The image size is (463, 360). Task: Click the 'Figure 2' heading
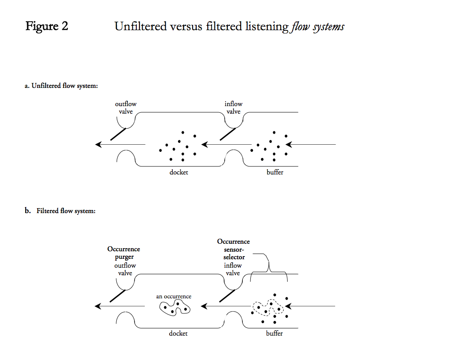(47, 27)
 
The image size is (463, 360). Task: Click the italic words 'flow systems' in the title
(318, 27)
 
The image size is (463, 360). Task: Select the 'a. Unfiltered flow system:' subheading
(61, 86)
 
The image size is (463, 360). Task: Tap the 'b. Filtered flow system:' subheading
(60, 211)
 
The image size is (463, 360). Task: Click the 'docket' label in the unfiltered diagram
(178, 172)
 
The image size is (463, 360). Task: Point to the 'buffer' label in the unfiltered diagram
(275, 172)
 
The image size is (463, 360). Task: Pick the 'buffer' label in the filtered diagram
(274, 333)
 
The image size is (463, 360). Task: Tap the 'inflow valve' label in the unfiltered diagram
(233, 108)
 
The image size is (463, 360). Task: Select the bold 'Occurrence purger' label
(124, 253)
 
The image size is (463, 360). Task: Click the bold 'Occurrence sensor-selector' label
(233, 249)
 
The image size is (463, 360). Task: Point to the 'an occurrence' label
(174, 297)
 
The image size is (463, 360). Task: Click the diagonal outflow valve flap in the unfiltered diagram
(118, 135)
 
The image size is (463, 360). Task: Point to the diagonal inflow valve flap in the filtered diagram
(228, 296)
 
